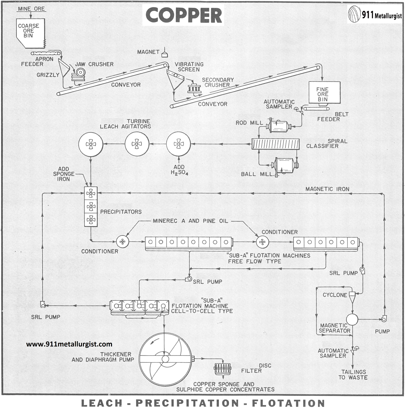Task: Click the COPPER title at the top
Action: [x=184, y=15]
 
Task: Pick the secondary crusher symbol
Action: [x=194, y=88]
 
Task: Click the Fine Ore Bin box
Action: [x=324, y=92]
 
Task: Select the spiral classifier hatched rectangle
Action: [x=275, y=144]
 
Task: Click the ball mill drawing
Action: [x=285, y=165]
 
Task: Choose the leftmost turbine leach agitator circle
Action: [x=91, y=144]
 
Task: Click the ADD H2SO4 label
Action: [x=179, y=170]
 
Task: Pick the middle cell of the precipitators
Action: [x=91, y=207]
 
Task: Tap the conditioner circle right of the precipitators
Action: [x=123, y=241]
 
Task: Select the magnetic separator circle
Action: [x=352, y=319]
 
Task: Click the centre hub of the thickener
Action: [x=165, y=359]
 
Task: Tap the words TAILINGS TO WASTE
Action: [x=353, y=374]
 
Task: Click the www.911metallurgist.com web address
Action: [x=69, y=344]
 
